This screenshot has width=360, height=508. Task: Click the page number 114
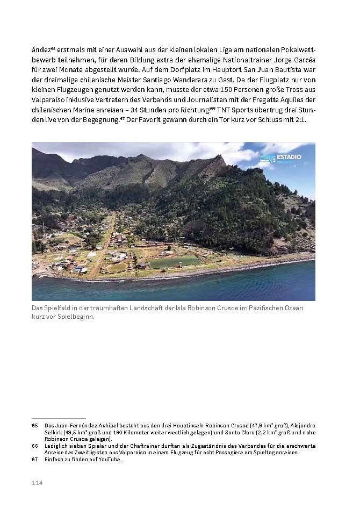37,483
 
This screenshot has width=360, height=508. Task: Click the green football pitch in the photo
174,262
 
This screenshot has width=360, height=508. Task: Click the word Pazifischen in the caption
265,307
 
